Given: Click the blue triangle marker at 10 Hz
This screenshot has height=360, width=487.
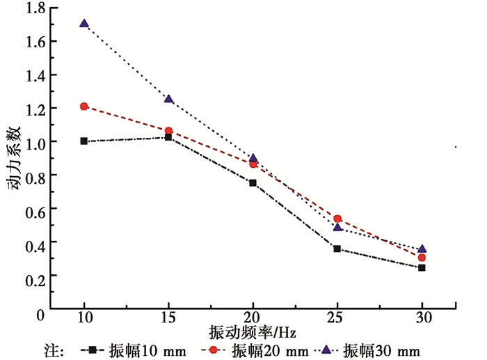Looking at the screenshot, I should (x=84, y=23).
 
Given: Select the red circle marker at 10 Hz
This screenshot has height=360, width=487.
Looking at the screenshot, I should (x=84, y=107).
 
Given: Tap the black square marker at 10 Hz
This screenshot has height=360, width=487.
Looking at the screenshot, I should (x=84, y=141).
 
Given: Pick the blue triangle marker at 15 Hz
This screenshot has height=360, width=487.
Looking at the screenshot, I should (x=168, y=99).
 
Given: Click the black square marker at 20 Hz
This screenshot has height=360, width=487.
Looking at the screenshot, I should (x=253, y=182).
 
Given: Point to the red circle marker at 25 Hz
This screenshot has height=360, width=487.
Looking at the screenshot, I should (x=337, y=219).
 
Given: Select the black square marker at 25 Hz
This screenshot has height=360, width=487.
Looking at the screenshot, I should (x=337, y=249).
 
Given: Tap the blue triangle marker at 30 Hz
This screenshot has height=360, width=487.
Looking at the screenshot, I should (x=422, y=249).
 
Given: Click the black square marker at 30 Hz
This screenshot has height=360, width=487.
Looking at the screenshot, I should (x=422, y=267).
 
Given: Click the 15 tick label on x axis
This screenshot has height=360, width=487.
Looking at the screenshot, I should (x=168, y=317).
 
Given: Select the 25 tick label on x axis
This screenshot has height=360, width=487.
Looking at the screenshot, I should (x=337, y=317).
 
